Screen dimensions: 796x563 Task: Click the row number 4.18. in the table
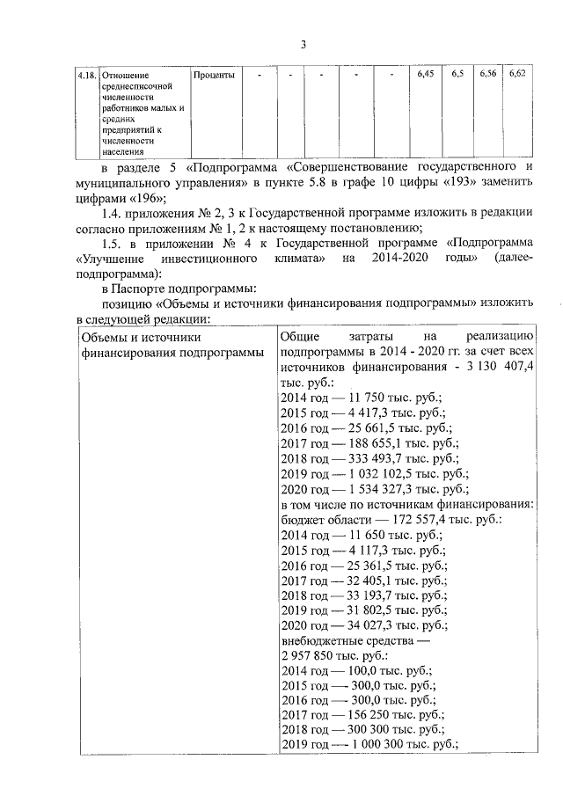coord(87,76)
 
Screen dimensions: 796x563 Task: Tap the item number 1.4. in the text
coord(116,215)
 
